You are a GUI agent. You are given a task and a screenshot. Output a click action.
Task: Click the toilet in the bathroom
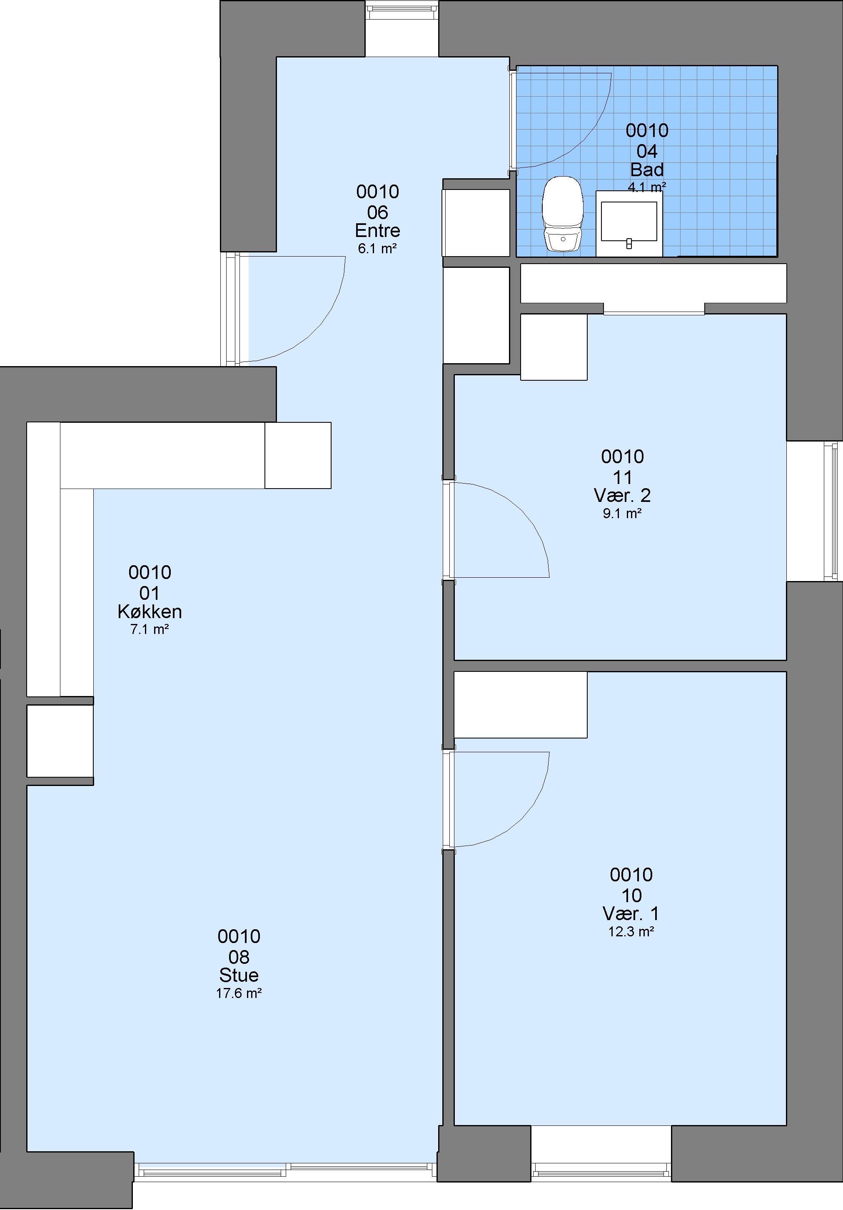[x=563, y=213]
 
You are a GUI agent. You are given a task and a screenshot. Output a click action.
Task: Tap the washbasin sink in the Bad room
[x=629, y=223]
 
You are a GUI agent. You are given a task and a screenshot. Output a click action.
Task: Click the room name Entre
[x=377, y=230]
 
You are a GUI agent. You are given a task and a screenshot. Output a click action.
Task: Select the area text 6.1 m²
[x=377, y=248]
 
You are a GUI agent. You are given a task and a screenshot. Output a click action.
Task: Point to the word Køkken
[x=150, y=611]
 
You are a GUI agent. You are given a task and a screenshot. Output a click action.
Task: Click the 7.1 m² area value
[x=150, y=629]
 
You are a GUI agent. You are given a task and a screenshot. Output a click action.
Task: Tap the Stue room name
[x=239, y=975]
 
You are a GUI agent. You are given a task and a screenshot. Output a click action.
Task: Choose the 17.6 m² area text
[x=239, y=993]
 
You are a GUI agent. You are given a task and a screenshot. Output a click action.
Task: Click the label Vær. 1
[x=631, y=913]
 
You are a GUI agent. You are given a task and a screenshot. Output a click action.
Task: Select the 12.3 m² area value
[x=631, y=931]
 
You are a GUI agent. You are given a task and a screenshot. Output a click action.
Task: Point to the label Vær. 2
[x=622, y=495]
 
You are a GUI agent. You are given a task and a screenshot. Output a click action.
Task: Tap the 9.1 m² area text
[x=622, y=513]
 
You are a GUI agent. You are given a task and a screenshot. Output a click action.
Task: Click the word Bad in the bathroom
[x=647, y=169]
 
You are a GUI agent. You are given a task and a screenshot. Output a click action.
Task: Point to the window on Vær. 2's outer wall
[x=833, y=511]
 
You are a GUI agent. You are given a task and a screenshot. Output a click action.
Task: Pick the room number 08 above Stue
[x=239, y=957]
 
